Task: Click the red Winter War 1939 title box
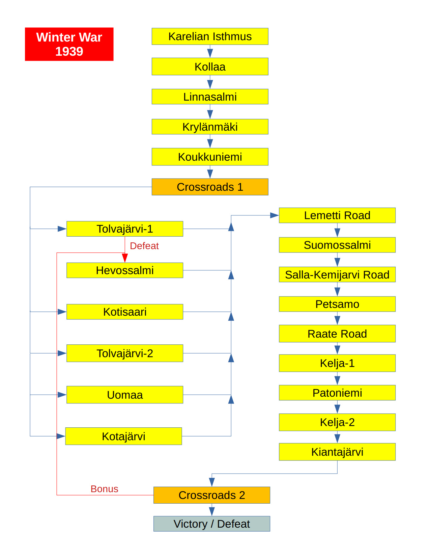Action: point(69,44)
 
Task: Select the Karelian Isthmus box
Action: point(210,36)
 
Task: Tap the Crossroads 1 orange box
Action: point(210,187)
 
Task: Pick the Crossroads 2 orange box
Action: point(211,495)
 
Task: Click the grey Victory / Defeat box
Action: point(211,524)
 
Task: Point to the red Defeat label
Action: point(144,246)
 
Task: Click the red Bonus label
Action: point(104,489)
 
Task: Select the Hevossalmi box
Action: point(125,270)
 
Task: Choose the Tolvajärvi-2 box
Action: point(125,353)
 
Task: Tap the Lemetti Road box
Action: point(337,215)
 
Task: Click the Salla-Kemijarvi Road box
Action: point(337,275)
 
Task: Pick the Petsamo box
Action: point(337,304)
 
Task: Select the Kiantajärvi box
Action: point(337,452)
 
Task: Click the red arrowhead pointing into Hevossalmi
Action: point(125,258)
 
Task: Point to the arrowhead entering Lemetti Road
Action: point(274,215)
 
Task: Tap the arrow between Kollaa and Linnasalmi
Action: point(210,83)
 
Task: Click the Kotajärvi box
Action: point(123,436)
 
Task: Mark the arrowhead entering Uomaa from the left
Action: point(62,395)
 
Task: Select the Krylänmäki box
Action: point(210,127)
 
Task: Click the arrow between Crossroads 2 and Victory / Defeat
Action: point(211,510)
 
